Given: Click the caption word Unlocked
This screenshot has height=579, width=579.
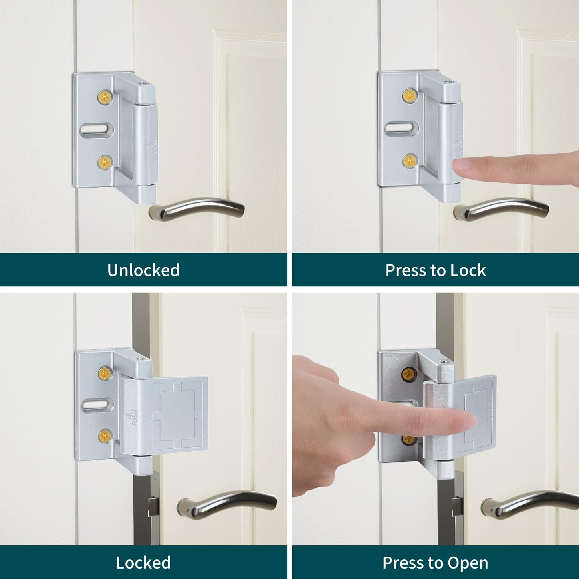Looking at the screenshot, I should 143,270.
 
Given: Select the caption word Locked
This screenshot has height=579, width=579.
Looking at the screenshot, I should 143,563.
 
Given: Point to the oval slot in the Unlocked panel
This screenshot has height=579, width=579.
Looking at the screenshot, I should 97,129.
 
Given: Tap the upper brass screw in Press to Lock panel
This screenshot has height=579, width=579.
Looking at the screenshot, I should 410,95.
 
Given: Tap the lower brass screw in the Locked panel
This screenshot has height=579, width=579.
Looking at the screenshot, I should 105,436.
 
